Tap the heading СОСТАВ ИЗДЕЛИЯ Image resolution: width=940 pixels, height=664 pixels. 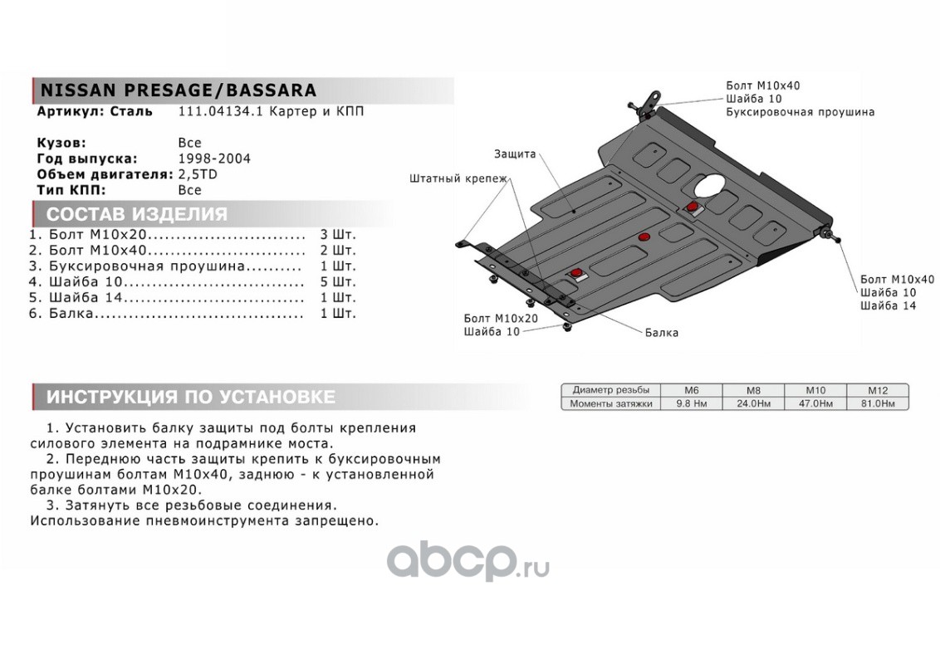pyautogui.click(x=136, y=214)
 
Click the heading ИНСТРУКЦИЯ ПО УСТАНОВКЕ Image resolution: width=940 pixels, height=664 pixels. pyautogui.click(x=190, y=397)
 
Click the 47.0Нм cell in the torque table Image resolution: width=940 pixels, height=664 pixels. pyautogui.click(x=815, y=403)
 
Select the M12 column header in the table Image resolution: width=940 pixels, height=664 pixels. pyautogui.click(x=877, y=389)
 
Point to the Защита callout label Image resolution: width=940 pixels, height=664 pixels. pyautogui.click(x=515, y=154)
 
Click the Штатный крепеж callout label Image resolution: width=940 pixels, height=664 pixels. pyautogui.click(x=458, y=178)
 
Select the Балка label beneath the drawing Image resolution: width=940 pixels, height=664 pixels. pyautogui.click(x=662, y=333)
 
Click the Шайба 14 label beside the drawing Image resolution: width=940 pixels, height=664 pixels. pyautogui.click(x=889, y=306)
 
